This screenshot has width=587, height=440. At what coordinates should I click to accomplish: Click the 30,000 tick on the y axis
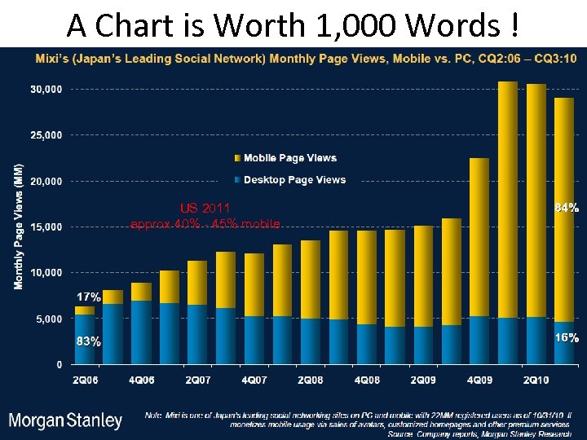[46, 90]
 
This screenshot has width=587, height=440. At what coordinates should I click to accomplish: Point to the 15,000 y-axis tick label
[46, 227]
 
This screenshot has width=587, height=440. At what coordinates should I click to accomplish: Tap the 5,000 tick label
[48, 319]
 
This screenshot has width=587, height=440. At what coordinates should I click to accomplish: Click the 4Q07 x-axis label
[254, 380]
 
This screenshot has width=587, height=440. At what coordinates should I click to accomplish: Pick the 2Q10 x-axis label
[535, 380]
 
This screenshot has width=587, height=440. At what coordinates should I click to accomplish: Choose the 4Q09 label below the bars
[479, 380]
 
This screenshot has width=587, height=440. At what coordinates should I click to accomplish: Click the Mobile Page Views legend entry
[289, 158]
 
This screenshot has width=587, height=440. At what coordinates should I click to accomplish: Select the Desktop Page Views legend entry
[294, 180]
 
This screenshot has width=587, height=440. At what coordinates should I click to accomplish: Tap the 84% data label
[567, 209]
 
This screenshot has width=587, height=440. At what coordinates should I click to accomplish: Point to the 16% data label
[567, 337]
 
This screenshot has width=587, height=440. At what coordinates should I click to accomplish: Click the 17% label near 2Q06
[89, 297]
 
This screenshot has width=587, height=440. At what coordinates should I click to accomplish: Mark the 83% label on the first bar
[89, 342]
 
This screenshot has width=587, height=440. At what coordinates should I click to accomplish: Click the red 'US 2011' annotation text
[205, 209]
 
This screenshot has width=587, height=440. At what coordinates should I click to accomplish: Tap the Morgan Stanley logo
[65, 421]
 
